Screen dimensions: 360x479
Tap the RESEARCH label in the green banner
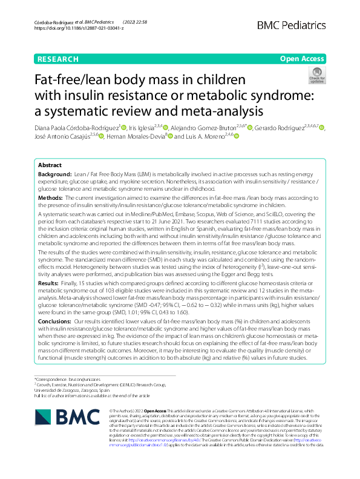[57, 59]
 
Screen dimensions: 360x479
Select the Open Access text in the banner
[303, 59]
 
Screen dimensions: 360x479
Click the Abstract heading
[50, 165]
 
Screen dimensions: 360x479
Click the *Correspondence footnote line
[66, 378]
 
